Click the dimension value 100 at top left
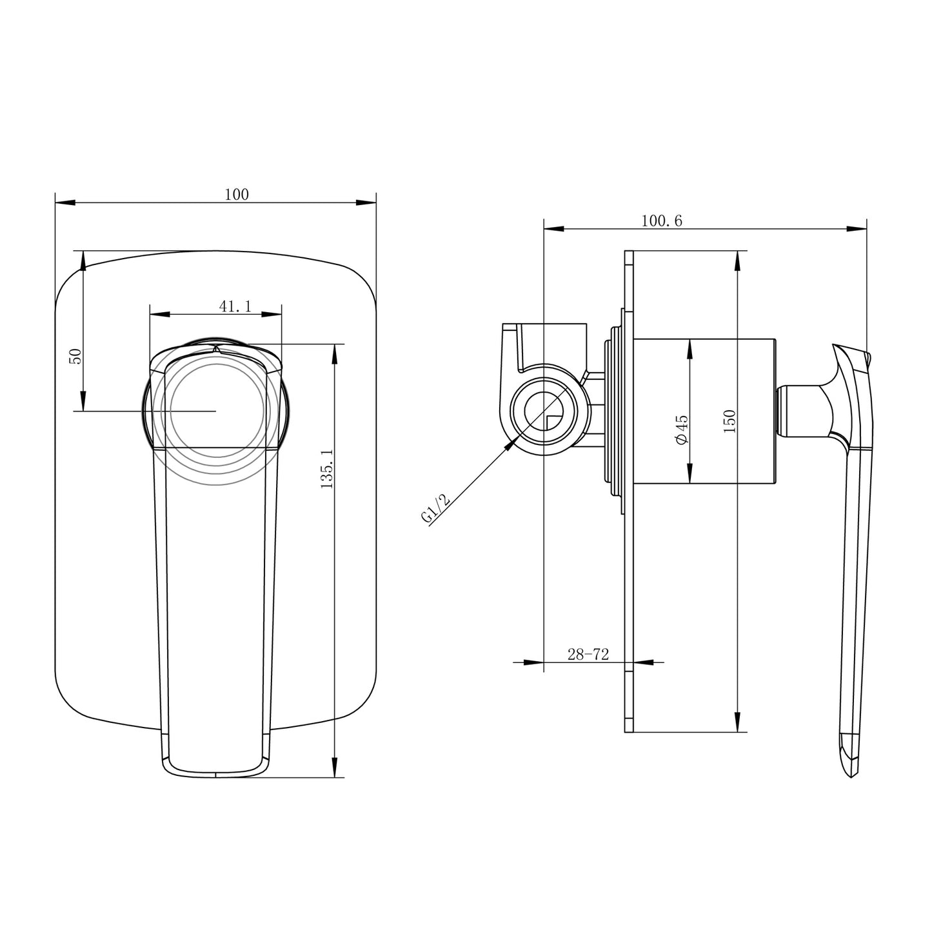(x=237, y=194)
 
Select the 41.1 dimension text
(x=235, y=306)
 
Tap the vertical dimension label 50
(x=75, y=356)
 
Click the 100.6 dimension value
(x=661, y=221)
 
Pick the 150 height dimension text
(x=729, y=421)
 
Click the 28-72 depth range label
(x=588, y=655)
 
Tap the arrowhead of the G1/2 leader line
(x=512, y=443)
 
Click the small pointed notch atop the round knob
(x=217, y=349)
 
